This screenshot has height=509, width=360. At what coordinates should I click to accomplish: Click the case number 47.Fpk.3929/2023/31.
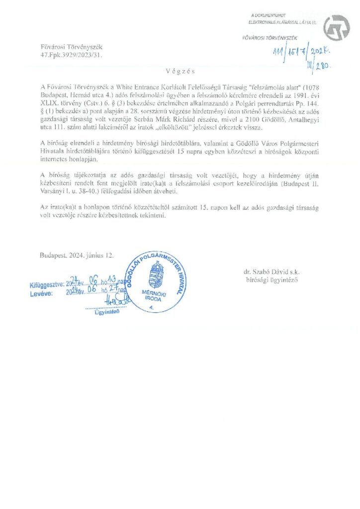tap(71, 56)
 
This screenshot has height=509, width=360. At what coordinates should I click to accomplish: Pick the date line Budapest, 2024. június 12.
tap(77, 255)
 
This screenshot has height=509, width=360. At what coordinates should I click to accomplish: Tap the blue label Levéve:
tap(42, 294)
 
